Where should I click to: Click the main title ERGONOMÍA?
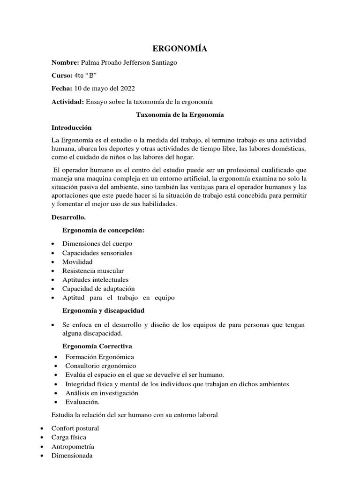[x=180, y=49]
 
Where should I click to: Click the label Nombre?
[x=65, y=63]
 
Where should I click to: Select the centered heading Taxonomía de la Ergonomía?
[x=180, y=114]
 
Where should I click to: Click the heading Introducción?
[x=71, y=127]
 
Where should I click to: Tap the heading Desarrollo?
[x=68, y=217]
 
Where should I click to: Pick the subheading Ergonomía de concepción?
[x=103, y=231]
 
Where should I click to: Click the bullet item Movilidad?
[x=77, y=262]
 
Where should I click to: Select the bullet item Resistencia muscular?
[x=93, y=270]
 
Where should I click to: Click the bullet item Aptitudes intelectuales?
[x=95, y=279]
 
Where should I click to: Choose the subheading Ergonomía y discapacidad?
[x=103, y=310]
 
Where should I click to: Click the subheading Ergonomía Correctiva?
[x=97, y=346]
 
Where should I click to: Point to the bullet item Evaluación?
[x=82, y=402]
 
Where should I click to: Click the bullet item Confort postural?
[x=75, y=428]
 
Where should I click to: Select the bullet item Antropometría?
[x=74, y=446]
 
